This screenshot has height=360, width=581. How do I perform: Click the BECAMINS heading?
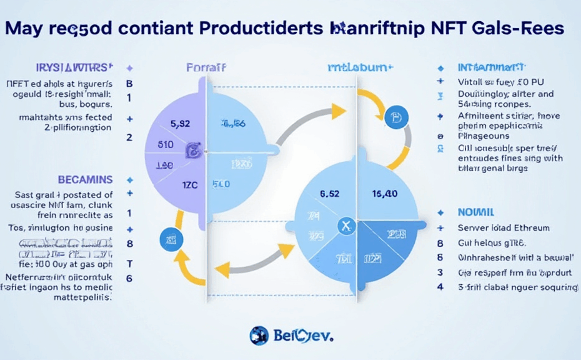(x=85, y=179)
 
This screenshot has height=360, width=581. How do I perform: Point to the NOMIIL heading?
(x=476, y=212)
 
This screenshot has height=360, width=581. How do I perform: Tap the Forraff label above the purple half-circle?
(x=206, y=67)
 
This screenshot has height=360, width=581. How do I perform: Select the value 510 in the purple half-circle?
(x=165, y=144)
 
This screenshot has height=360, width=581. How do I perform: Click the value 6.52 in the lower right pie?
(x=329, y=194)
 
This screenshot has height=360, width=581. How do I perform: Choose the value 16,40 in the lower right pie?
(x=384, y=194)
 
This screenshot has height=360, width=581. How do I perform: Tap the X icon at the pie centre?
(x=346, y=226)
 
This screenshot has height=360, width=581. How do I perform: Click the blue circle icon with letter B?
(x=395, y=117)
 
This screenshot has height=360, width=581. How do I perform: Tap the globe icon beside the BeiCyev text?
(x=259, y=336)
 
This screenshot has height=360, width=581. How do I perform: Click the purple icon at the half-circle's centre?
(x=194, y=150)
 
